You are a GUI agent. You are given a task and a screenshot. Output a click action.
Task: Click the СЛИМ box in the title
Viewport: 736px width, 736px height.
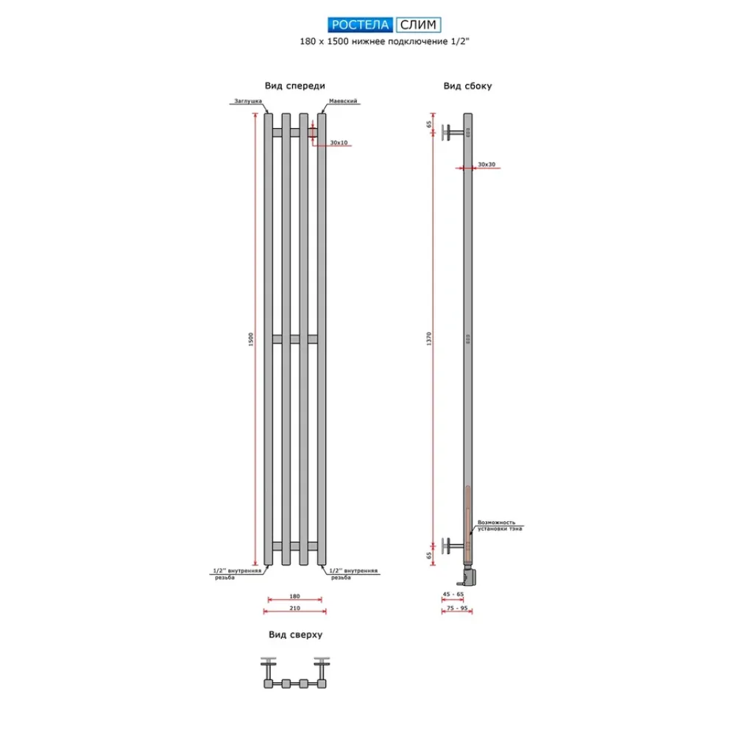click(x=419, y=25)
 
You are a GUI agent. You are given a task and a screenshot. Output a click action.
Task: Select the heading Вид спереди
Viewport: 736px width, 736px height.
click(x=295, y=86)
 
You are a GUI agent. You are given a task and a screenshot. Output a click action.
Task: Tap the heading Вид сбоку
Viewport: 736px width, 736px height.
click(x=467, y=86)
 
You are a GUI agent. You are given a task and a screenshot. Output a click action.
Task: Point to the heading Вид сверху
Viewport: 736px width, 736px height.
click(x=295, y=634)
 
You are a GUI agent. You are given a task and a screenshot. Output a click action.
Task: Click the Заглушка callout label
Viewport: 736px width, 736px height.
click(x=247, y=104)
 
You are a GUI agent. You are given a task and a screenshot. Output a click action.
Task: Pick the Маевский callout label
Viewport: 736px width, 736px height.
click(x=342, y=104)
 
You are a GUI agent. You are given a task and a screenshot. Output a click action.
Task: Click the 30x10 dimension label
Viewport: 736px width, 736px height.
click(x=339, y=143)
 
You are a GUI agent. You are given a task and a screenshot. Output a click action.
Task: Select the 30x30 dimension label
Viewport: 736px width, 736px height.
click(x=486, y=163)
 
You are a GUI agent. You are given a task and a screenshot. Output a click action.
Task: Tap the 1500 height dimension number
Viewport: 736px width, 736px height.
click(x=251, y=339)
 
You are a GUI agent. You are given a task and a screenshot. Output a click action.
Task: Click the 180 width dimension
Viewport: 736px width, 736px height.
click(x=294, y=597)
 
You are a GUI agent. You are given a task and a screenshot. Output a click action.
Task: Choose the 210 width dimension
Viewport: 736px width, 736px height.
click(x=294, y=609)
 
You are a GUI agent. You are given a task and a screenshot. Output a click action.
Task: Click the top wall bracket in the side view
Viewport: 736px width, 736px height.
click(x=451, y=133)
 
